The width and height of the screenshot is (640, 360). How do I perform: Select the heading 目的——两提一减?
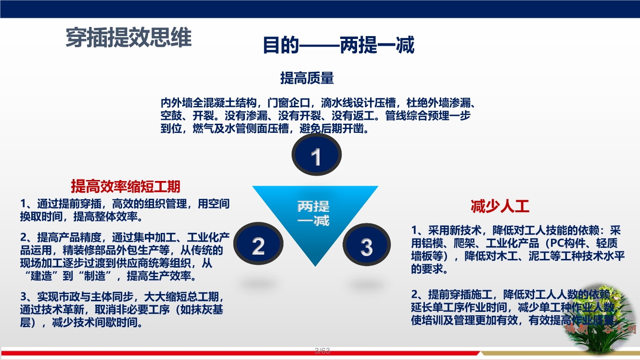tap(338, 46)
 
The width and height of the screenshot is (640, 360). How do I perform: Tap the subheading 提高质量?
tap(307, 77)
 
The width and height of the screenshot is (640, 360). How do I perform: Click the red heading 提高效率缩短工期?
tap(126, 186)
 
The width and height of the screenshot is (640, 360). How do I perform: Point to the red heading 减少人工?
tap(499, 206)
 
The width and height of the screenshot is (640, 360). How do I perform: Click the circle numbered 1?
tap(316, 156)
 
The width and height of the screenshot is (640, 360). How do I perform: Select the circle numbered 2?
tap(258, 246)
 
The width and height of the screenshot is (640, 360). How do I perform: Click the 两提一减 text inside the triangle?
tap(313, 213)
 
